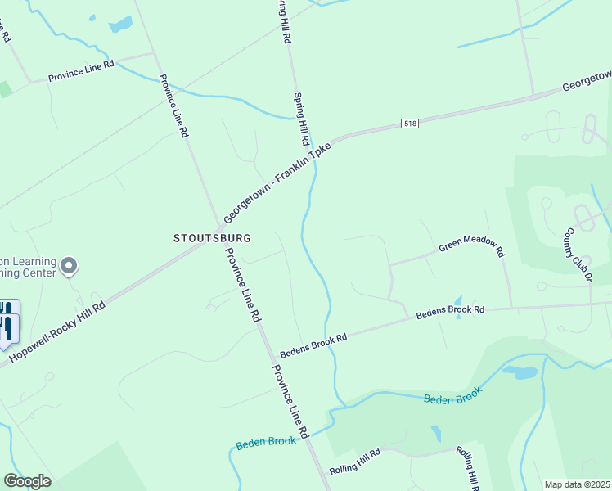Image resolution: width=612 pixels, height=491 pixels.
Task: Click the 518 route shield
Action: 410,124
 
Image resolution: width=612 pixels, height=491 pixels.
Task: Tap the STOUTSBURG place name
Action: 212,237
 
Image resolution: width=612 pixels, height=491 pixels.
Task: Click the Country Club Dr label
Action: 578,256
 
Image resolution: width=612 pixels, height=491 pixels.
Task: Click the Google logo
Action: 27,481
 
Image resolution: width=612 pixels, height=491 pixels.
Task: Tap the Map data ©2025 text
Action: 577,484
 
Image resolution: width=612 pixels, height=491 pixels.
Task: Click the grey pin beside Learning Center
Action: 69,266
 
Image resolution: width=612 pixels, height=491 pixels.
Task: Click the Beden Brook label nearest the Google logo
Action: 265,442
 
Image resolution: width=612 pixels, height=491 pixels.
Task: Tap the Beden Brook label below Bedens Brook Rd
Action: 452,394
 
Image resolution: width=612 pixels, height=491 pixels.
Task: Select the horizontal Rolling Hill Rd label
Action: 355,463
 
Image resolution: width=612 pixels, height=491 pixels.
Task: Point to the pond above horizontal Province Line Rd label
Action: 120,25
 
